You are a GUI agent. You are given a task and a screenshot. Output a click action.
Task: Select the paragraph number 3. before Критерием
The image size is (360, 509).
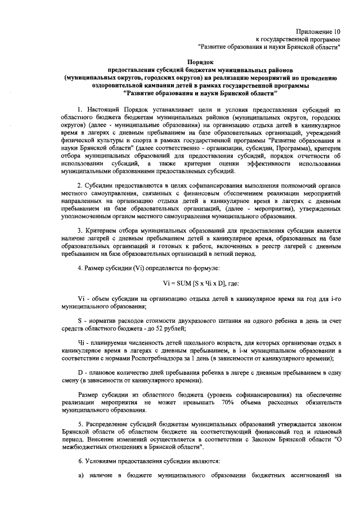coord(81,231)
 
